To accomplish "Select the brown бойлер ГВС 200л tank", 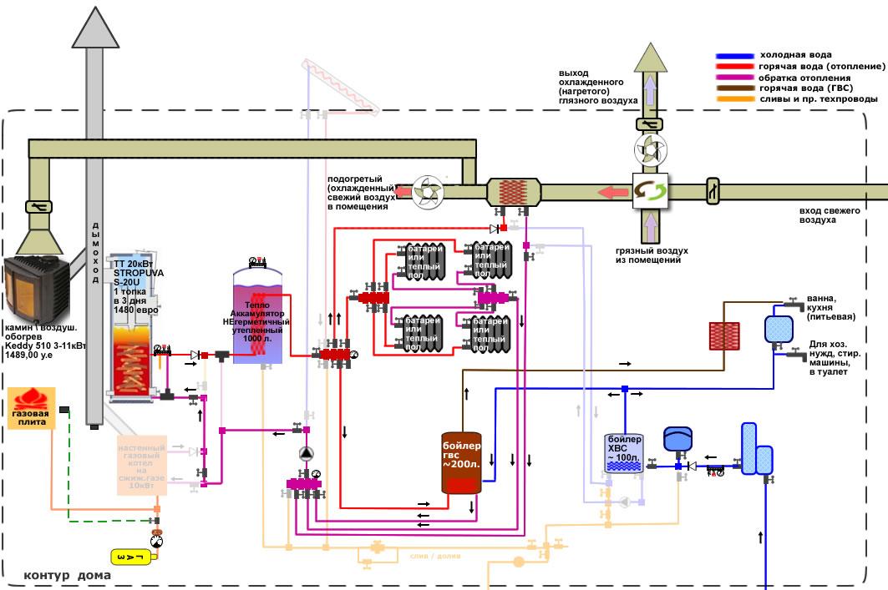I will (x=462, y=461).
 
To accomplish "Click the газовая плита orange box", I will (x=31, y=408).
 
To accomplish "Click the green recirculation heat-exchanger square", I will (x=648, y=192).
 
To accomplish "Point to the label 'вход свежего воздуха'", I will (x=830, y=215).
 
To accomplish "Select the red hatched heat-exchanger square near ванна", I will (x=723, y=335).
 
